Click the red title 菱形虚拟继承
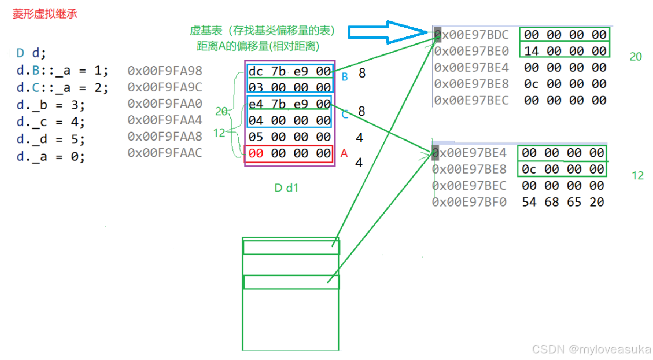click(x=45, y=14)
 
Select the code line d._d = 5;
click(x=51, y=140)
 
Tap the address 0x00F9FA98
click(x=164, y=71)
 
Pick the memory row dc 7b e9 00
click(x=290, y=71)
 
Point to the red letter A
click(x=344, y=153)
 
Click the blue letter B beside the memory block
click(x=345, y=76)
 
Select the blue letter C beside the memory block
click(x=345, y=115)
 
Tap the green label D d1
click(x=286, y=188)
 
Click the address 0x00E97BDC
click(x=471, y=35)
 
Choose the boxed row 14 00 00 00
click(x=565, y=51)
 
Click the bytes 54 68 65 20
click(x=563, y=202)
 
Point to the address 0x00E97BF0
click(x=469, y=202)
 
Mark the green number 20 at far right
click(x=636, y=57)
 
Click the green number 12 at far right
click(x=637, y=176)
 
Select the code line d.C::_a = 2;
click(x=62, y=88)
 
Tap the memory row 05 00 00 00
click(x=290, y=137)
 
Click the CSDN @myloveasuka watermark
click(x=591, y=349)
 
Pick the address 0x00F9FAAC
click(x=164, y=153)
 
